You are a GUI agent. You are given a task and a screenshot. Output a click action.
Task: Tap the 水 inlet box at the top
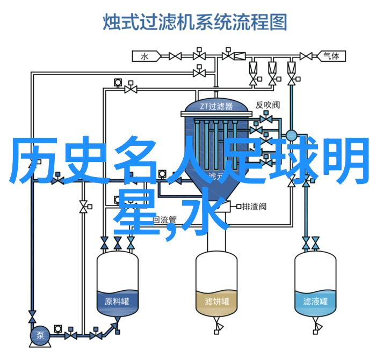click(x=144, y=55)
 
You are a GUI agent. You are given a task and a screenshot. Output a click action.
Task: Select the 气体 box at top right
click(x=330, y=55)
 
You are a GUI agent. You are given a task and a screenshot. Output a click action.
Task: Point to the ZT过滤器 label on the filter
click(x=216, y=106)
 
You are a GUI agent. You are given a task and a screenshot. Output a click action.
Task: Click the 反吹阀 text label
click(x=267, y=105)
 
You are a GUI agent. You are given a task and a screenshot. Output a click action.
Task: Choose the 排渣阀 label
click(x=254, y=206)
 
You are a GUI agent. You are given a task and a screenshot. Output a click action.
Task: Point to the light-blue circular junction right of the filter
click(x=292, y=135)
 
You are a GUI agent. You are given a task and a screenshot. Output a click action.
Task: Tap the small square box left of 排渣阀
click(x=236, y=206)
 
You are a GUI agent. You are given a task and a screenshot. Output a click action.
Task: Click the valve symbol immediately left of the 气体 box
click(x=306, y=55)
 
